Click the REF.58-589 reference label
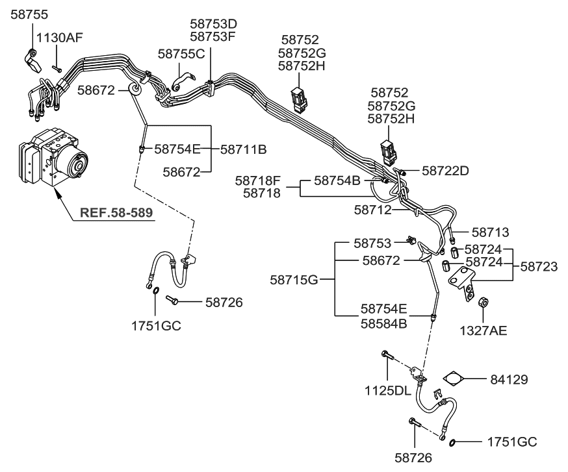pyautogui.click(x=117, y=212)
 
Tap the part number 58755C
pyautogui.click(x=181, y=53)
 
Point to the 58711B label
pyautogui.click(x=244, y=149)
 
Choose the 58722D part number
pyautogui.click(x=445, y=171)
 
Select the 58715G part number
pyautogui.click(x=294, y=280)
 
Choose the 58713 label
pyautogui.click(x=490, y=232)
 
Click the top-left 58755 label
pyautogui.click(x=29, y=13)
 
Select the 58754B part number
pyautogui.click(x=337, y=180)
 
